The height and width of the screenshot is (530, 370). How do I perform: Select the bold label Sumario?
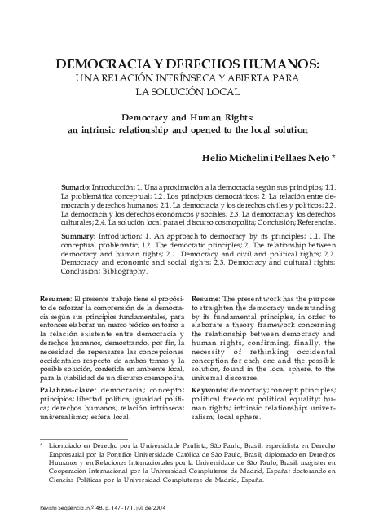[x=76, y=186]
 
